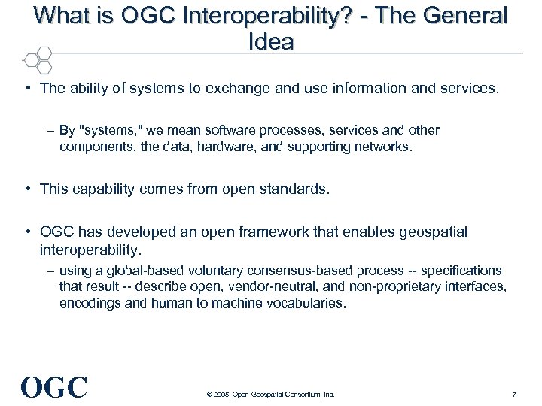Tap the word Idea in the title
(270, 41)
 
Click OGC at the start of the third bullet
(56, 232)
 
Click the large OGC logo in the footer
(54, 386)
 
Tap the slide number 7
(513, 394)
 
